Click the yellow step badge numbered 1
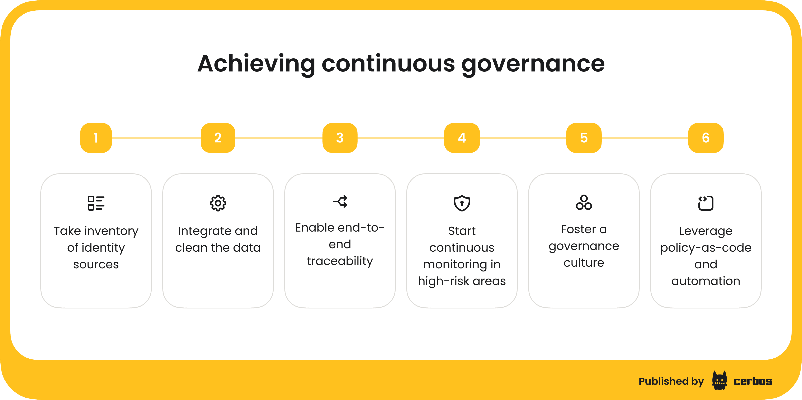point(96,138)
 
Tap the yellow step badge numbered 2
point(218,138)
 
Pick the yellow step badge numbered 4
point(462,138)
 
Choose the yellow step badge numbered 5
point(584,138)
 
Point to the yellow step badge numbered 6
point(706,138)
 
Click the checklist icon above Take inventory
point(96,203)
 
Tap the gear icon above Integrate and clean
point(218,203)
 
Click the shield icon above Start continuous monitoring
point(462,203)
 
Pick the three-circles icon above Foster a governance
point(584,203)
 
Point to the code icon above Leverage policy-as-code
point(706,203)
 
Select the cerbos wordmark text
point(753,381)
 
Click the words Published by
point(671,381)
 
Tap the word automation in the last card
point(706,281)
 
